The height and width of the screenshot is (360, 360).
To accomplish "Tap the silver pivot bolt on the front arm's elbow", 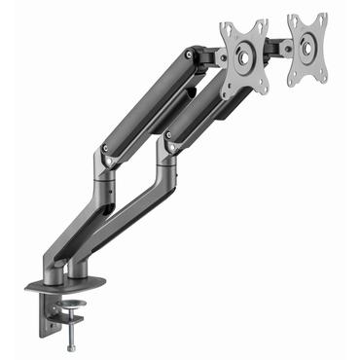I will pos(105,151).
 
